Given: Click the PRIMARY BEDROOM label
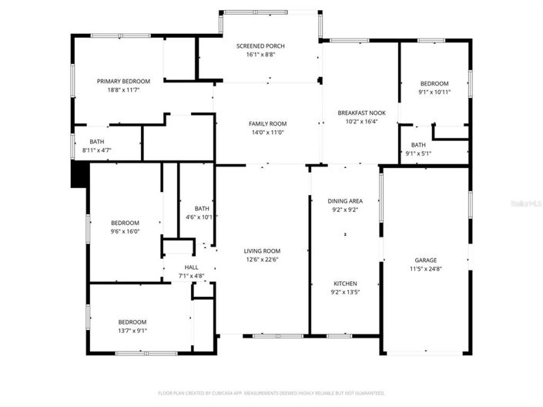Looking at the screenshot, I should coord(123,81).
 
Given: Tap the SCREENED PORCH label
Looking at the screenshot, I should coord(260,45).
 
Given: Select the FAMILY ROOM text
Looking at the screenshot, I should coord(267,123).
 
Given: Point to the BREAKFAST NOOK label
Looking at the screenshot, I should coord(357,113).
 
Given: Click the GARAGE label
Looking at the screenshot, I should coord(425,260).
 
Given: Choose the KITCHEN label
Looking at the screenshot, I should coord(345,284).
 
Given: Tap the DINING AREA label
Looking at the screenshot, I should coord(345,200).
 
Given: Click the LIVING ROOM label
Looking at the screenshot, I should coord(262,251).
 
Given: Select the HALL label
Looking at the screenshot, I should coord(191,267).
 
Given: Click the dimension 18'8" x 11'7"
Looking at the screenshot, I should coord(123,89).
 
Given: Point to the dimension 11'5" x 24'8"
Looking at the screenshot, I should coord(425,268).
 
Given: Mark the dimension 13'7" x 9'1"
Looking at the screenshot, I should coord(132,331).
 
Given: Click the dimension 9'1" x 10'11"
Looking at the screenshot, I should coord(434,92).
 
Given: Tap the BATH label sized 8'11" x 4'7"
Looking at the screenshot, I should coord(97,141).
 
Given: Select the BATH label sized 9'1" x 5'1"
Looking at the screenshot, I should coord(418,145).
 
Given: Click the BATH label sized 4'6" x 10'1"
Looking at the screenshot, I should coord(202,208).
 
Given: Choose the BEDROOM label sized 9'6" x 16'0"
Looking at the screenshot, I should coord(125,223).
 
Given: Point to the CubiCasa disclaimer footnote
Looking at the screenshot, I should coord(271,392).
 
